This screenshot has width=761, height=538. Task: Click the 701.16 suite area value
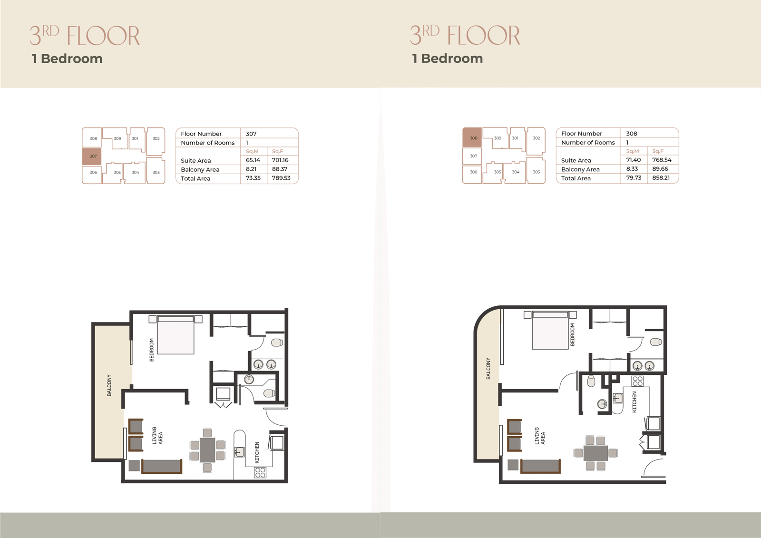pyautogui.click(x=280, y=160)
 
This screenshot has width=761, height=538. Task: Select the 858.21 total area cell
pyautogui.click(x=661, y=178)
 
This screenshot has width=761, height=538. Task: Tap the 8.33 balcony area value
pyautogui.click(x=632, y=169)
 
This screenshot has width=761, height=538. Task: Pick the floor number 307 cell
pyautogui.click(x=251, y=134)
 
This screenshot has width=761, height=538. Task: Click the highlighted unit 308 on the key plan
pyautogui.click(x=472, y=137)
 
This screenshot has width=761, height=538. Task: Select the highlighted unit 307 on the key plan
pyautogui.click(x=92, y=157)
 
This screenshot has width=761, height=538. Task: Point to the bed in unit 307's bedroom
pyautogui.click(x=176, y=335)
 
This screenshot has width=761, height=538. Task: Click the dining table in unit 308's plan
pyautogui.click(x=595, y=453)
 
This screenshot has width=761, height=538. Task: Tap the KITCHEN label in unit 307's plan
pyautogui.click(x=257, y=452)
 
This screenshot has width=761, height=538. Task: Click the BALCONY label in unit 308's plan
pyautogui.click(x=488, y=368)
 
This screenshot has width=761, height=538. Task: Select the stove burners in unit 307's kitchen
pyautogui.click(x=260, y=472)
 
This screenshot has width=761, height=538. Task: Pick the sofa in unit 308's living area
pyautogui.click(x=540, y=466)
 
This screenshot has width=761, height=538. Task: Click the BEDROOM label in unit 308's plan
pyautogui.click(x=573, y=334)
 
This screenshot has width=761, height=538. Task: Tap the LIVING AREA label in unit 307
pyautogui.click(x=157, y=436)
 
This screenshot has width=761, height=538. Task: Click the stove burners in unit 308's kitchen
pyautogui.click(x=637, y=381)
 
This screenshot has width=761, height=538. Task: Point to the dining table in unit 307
pyautogui.click(x=207, y=450)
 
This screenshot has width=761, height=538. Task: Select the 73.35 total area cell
pyautogui.click(x=253, y=178)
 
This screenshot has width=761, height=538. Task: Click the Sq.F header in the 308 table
pyautogui.click(x=657, y=151)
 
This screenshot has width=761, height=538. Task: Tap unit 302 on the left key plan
pyautogui.click(x=156, y=138)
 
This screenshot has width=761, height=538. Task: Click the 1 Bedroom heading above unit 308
pyautogui.click(x=447, y=59)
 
